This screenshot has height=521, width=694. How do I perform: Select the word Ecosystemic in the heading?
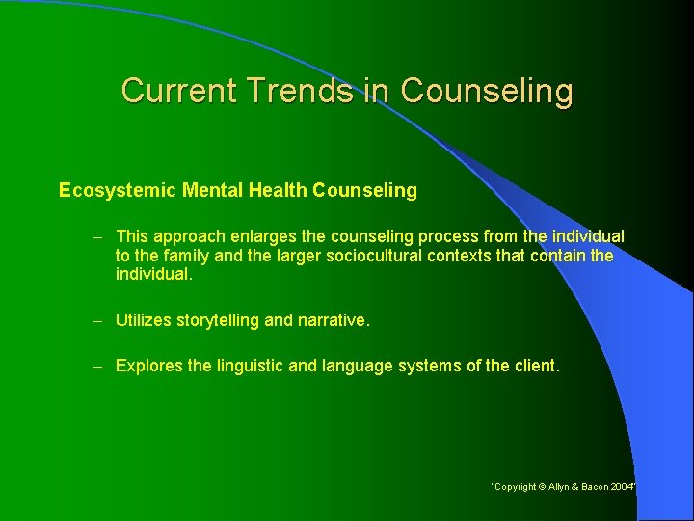click(x=114, y=191)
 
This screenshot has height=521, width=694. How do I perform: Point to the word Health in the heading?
click(x=275, y=191)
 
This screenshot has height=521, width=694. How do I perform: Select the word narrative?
click(x=333, y=320)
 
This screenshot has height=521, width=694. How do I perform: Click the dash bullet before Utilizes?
click(x=100, y=320)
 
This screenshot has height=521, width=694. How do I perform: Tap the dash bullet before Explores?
click(x=100, y=366)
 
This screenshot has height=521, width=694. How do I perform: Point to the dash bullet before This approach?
click(x=100, y=236)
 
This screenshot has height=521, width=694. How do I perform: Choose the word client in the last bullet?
click(x=534, y=366)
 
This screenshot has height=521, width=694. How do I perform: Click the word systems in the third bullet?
click(x=433, y=366)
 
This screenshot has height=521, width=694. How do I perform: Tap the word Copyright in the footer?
click(x=517, y=487)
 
